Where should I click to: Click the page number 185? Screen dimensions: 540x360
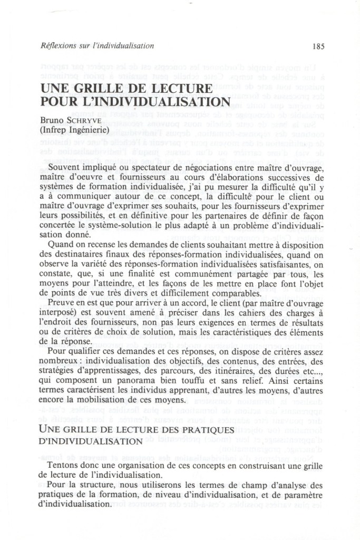tap(318, 46)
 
